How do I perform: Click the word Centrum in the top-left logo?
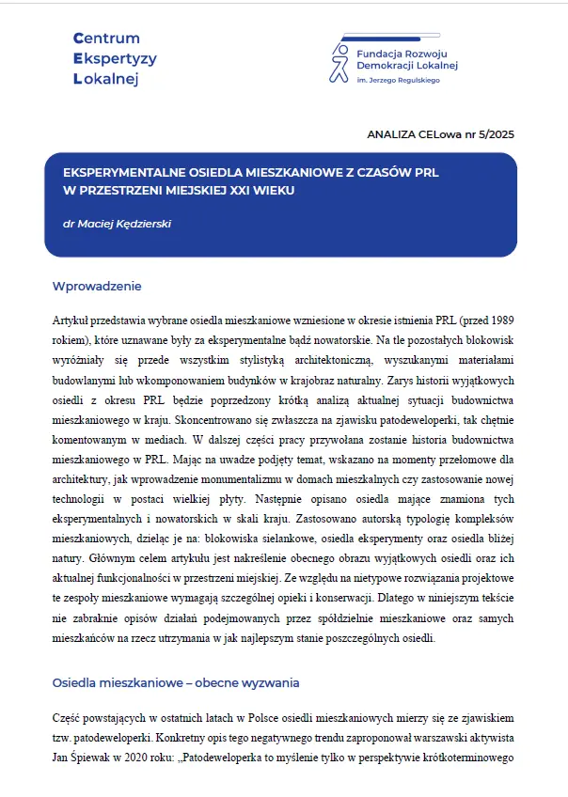pos(106,39)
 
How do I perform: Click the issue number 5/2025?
pos(497,134)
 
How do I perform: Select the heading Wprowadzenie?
pos(97,286)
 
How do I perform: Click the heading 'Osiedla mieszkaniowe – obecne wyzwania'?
pos(175,681)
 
